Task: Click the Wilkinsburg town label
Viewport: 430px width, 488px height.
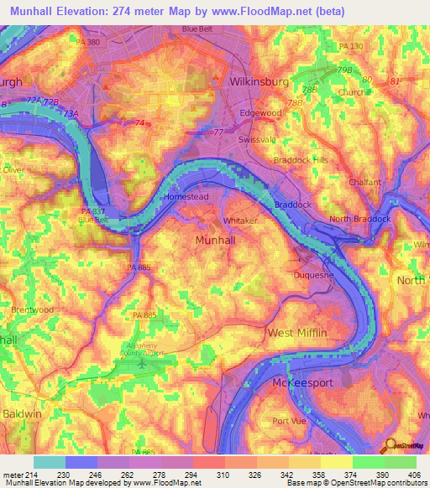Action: click(260, 82)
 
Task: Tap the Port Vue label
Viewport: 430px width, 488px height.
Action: click(289, 421)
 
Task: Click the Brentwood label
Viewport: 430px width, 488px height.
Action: click(31, 309)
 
